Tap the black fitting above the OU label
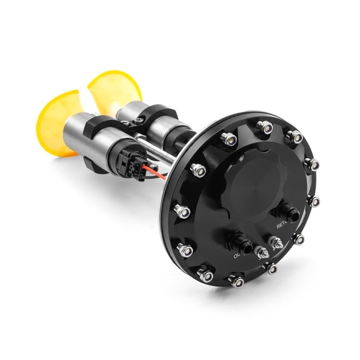pos(241,241)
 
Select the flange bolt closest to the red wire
pos(198,169)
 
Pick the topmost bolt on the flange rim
pos(266,127)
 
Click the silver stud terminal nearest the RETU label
pos(276,242)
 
